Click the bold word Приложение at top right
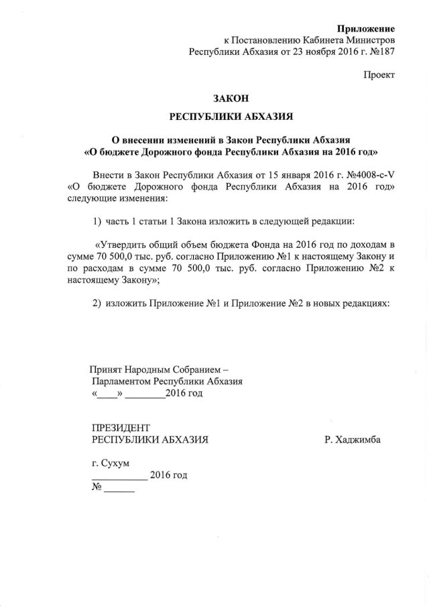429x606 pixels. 366,29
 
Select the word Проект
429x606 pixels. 379,74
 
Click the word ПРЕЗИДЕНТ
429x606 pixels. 121,427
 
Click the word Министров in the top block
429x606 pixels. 367,40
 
